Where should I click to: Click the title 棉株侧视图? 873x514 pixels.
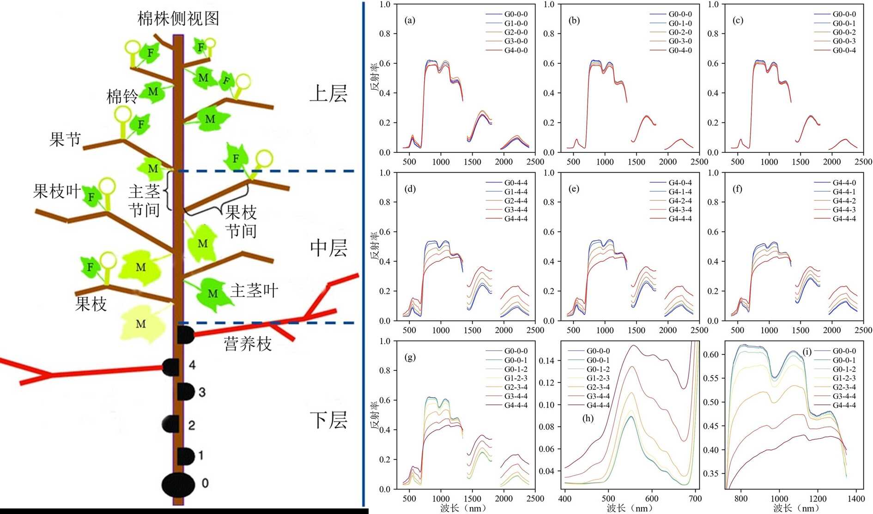coord(178,18)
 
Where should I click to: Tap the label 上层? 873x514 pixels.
coord(328,94)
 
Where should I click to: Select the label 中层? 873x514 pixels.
coord(328,248)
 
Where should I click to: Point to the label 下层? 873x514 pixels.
coord(328,420)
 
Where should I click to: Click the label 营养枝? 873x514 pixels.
coord(248,344)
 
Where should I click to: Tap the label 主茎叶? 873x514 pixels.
coord(254,291)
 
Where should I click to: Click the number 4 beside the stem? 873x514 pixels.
coord(192,365)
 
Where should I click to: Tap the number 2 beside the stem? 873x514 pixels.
coord(191,425)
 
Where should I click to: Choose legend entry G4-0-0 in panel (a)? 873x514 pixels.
coord(515,50)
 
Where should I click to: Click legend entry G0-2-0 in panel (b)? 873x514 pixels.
coord(680,32)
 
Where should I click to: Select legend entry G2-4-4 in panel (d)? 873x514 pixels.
coord(515,201)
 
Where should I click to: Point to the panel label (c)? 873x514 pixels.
coord(738,20)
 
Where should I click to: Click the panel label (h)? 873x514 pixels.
coord(588,418)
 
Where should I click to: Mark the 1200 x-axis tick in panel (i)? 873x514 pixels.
coord(818,499)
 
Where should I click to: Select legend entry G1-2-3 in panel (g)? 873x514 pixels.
coord(515,378)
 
